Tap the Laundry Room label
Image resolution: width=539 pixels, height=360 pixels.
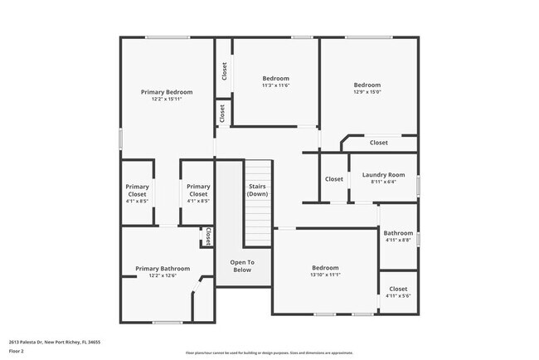coord(383,175)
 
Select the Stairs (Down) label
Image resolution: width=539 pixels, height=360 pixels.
coord(257,190)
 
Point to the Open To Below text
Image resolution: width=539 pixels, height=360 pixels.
coord(242,265)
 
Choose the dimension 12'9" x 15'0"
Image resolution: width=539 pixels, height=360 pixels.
coord(367,93)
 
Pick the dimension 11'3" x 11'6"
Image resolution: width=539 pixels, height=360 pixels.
coord(275,85)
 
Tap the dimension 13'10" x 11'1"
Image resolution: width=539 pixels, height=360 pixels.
coord(325,275)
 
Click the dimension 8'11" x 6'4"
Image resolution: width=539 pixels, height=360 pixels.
coord(383,182)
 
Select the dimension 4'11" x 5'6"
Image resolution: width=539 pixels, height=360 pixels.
coord(398,296)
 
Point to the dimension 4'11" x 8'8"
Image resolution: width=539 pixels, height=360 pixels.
coord(398,241)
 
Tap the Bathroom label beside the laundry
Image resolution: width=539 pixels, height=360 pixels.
coord(398,233)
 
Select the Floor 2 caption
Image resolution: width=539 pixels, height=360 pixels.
coord(17,352)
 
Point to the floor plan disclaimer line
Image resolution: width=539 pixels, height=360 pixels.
coord(269,353)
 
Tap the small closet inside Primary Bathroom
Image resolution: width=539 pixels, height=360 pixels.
coord(207,237)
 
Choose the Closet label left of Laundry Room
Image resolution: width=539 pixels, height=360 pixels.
coord(334,179)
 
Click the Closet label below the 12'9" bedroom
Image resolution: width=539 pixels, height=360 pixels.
coord(379,143)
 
